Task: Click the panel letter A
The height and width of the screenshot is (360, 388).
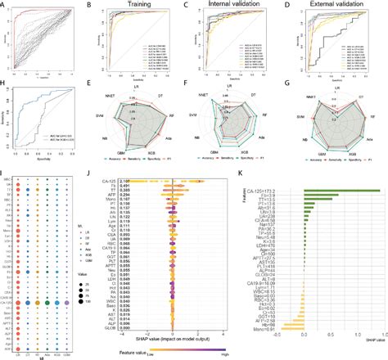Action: [5, 5]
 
